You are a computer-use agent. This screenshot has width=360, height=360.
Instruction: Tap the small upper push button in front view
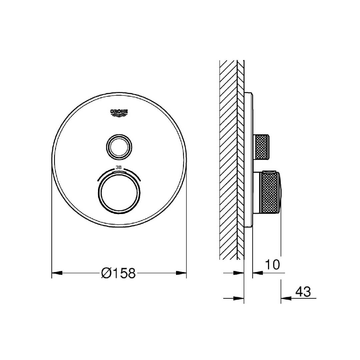(119, 147)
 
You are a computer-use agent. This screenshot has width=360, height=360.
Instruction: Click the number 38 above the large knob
(118, 168)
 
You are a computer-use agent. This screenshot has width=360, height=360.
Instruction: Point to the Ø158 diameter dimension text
(118, 273)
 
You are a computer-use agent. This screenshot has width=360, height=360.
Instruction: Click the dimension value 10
(273, 264)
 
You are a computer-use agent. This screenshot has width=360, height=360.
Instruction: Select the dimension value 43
(303, 292)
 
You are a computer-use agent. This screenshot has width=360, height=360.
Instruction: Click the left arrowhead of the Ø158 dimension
(57, 273)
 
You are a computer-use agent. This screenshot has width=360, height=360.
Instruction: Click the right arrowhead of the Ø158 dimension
(181, 273)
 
